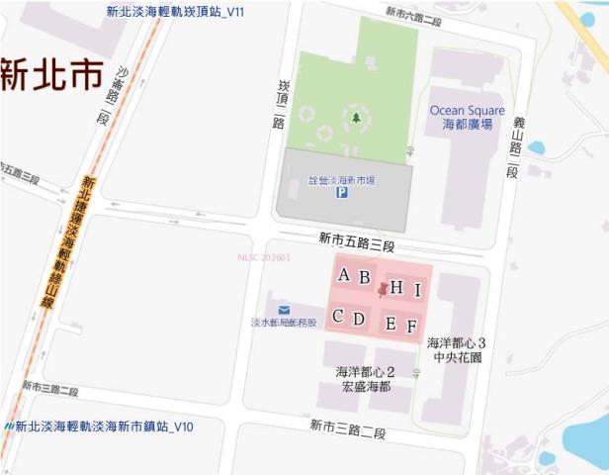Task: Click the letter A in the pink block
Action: click(x=344, y=275)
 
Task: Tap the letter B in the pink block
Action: click(x=364, y=278)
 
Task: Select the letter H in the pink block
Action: click(x=396, y=288)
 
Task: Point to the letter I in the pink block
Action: click(x=418, y=290)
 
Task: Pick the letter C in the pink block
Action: click(x=338, y=317)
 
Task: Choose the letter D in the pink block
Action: click(x=359, y=319)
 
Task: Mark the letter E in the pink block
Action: click(x=391, y=324)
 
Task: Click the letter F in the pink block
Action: click(x=411, y=326)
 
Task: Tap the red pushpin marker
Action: click(x=383, y=290)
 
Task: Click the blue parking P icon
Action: click(x=342, y=194)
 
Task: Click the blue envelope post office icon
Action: click(x=284, y=311)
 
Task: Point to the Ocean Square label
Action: click(x=467, y=110)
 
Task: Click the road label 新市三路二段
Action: click(x=347, y=427)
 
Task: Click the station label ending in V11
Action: click(x=175, y=11)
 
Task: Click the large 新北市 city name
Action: click(x=51, y=75)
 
